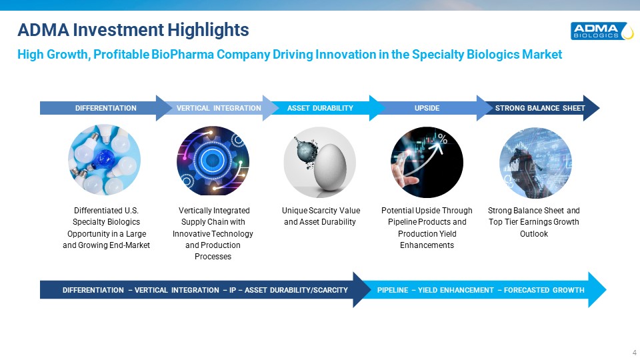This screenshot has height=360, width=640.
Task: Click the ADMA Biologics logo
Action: coord(602,31)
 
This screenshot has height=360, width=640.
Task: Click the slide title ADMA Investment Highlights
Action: coord(133,30)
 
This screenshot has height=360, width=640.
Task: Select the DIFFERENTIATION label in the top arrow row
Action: coord(106,108)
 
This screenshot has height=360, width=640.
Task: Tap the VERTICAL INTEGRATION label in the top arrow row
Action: coord(219,108)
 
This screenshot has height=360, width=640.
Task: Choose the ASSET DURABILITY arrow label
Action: coord(320,108)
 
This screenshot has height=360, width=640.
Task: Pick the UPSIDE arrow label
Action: coord(427,108)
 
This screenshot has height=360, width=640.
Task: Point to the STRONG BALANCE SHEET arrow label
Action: coord(540,108)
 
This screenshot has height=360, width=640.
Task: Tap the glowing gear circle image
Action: coord(213,161)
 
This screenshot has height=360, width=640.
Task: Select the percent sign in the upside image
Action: coord(443,139)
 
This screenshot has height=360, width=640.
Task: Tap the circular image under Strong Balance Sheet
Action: coord(535,163)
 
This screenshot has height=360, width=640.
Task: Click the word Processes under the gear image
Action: coord(213,257)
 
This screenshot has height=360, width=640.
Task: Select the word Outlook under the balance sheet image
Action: coord(534,234)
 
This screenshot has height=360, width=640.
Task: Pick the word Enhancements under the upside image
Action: coord(427,245)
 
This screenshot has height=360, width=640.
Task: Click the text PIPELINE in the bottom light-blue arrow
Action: coord(393,290)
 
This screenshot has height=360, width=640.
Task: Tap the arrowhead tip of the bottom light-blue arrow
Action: coord(606,290)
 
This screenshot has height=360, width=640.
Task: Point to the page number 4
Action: coord(634,352)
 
